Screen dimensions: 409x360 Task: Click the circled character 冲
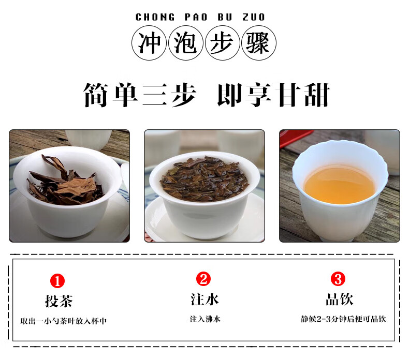[x=149, y=43]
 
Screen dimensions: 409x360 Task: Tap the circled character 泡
[x=185, y=43]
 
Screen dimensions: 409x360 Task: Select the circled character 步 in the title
[x=222, y=43]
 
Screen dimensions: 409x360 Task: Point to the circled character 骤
[x=258, y=43]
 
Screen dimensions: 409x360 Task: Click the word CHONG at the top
[x=155, y=17]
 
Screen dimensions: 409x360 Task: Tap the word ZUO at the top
[x=254, y=17]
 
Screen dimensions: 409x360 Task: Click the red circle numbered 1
[x=57, y=281]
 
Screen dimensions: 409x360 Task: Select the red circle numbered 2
[x=203, y=279]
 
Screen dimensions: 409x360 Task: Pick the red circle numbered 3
[x=338, y=279]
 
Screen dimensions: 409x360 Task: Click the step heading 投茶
[x=59, y=301]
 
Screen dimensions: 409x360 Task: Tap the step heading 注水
[x=204, y=299]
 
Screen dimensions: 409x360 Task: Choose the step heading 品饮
[x=340, y=299]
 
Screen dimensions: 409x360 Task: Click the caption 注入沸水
[x=206, y=319]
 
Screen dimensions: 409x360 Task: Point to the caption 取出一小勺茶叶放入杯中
[x=63, y=321]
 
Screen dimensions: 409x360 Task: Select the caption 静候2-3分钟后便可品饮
[x=343, y=319]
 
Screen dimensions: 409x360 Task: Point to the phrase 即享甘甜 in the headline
[x=274, y=95]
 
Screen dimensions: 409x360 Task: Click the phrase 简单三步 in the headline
[x=140, y=95]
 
